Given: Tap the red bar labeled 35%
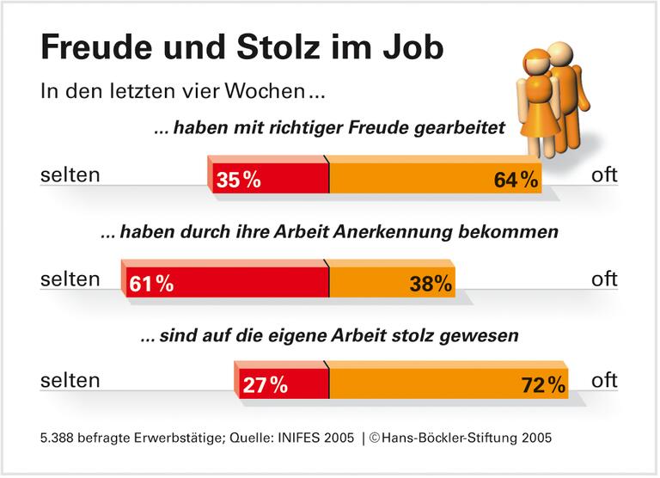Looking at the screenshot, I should [269, 178].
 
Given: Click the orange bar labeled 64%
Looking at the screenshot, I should [435, 178].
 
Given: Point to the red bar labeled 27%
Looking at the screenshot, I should [283, 384].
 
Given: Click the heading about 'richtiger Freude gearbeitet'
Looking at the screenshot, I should [328, 129].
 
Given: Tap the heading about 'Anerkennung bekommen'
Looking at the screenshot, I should [330, 232].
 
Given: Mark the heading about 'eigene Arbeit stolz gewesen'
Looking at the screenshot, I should [329, 335].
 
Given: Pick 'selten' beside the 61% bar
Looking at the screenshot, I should [70, 279].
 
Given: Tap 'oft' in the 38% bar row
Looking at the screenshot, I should [605, 279].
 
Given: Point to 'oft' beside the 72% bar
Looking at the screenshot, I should [605, 380].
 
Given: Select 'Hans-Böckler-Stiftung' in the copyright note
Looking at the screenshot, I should [448, 438].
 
